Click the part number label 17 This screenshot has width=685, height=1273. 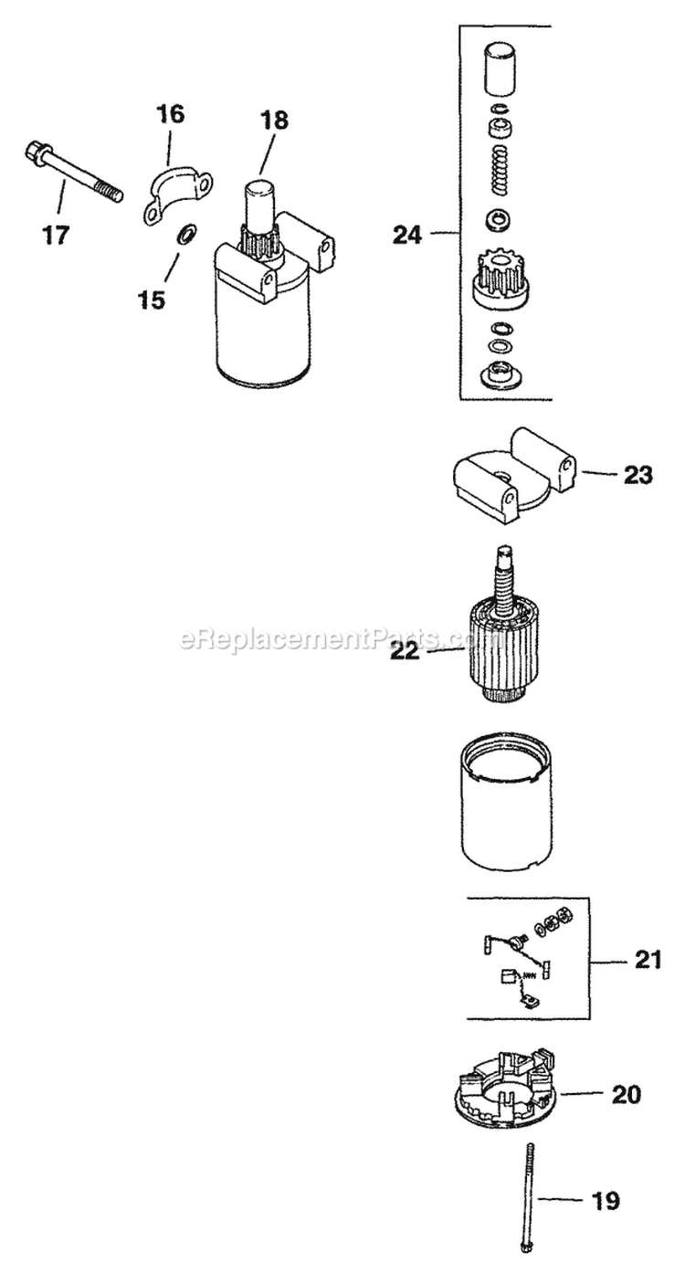(55, 236)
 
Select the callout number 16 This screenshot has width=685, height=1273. (170, 114)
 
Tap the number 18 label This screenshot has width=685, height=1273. (273, 119)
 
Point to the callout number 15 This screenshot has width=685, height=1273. (153, 299)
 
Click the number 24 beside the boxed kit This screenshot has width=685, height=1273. (408, 235)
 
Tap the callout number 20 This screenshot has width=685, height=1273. (627, 1094)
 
